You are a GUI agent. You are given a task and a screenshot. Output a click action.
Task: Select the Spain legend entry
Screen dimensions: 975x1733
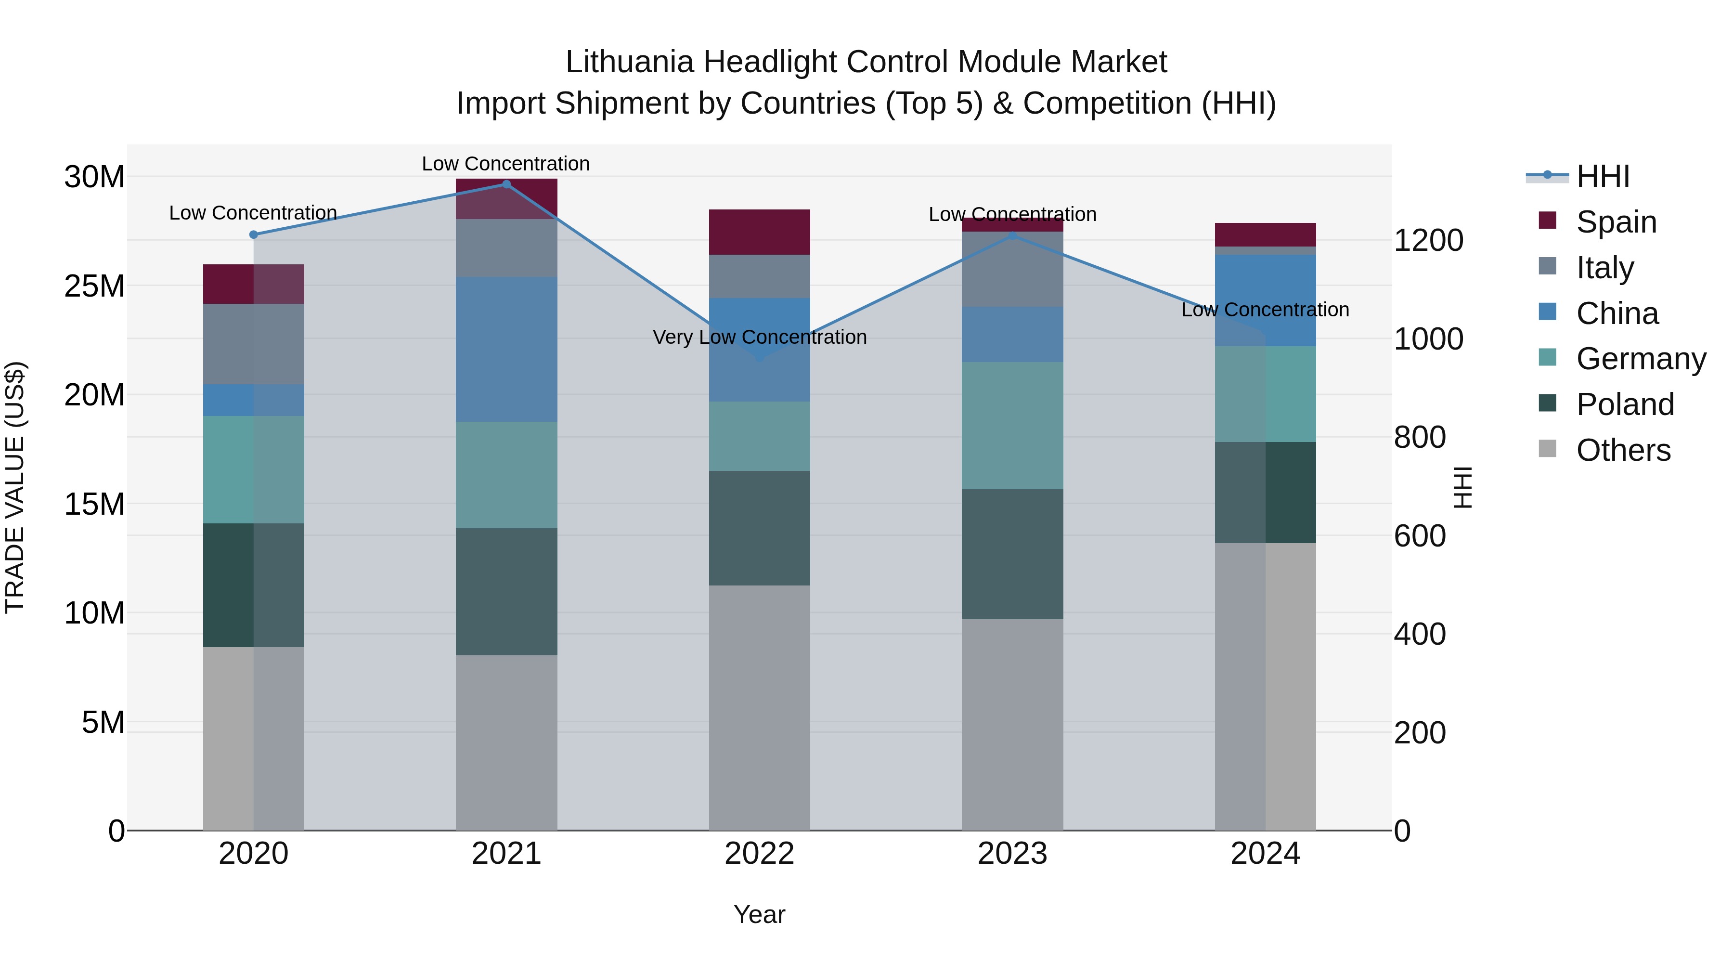(x=1616, y=222)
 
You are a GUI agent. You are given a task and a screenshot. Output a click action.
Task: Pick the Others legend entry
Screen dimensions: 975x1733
(x=1623, y=450)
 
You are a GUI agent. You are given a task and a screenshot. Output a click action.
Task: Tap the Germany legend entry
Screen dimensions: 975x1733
(x=1640, y=359)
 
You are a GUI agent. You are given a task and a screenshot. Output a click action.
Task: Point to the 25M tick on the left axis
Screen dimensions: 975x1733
(x=94, y=286)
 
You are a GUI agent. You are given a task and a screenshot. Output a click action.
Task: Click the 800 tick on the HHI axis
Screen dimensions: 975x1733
(x=1420, y=437)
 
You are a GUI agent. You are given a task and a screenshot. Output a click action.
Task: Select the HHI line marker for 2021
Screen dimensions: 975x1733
(x=506, y=184)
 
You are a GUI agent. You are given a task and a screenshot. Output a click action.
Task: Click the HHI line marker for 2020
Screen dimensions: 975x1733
(x=254, y=235)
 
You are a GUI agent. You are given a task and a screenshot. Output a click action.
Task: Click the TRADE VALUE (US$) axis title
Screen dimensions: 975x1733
(x=15, y=487)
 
